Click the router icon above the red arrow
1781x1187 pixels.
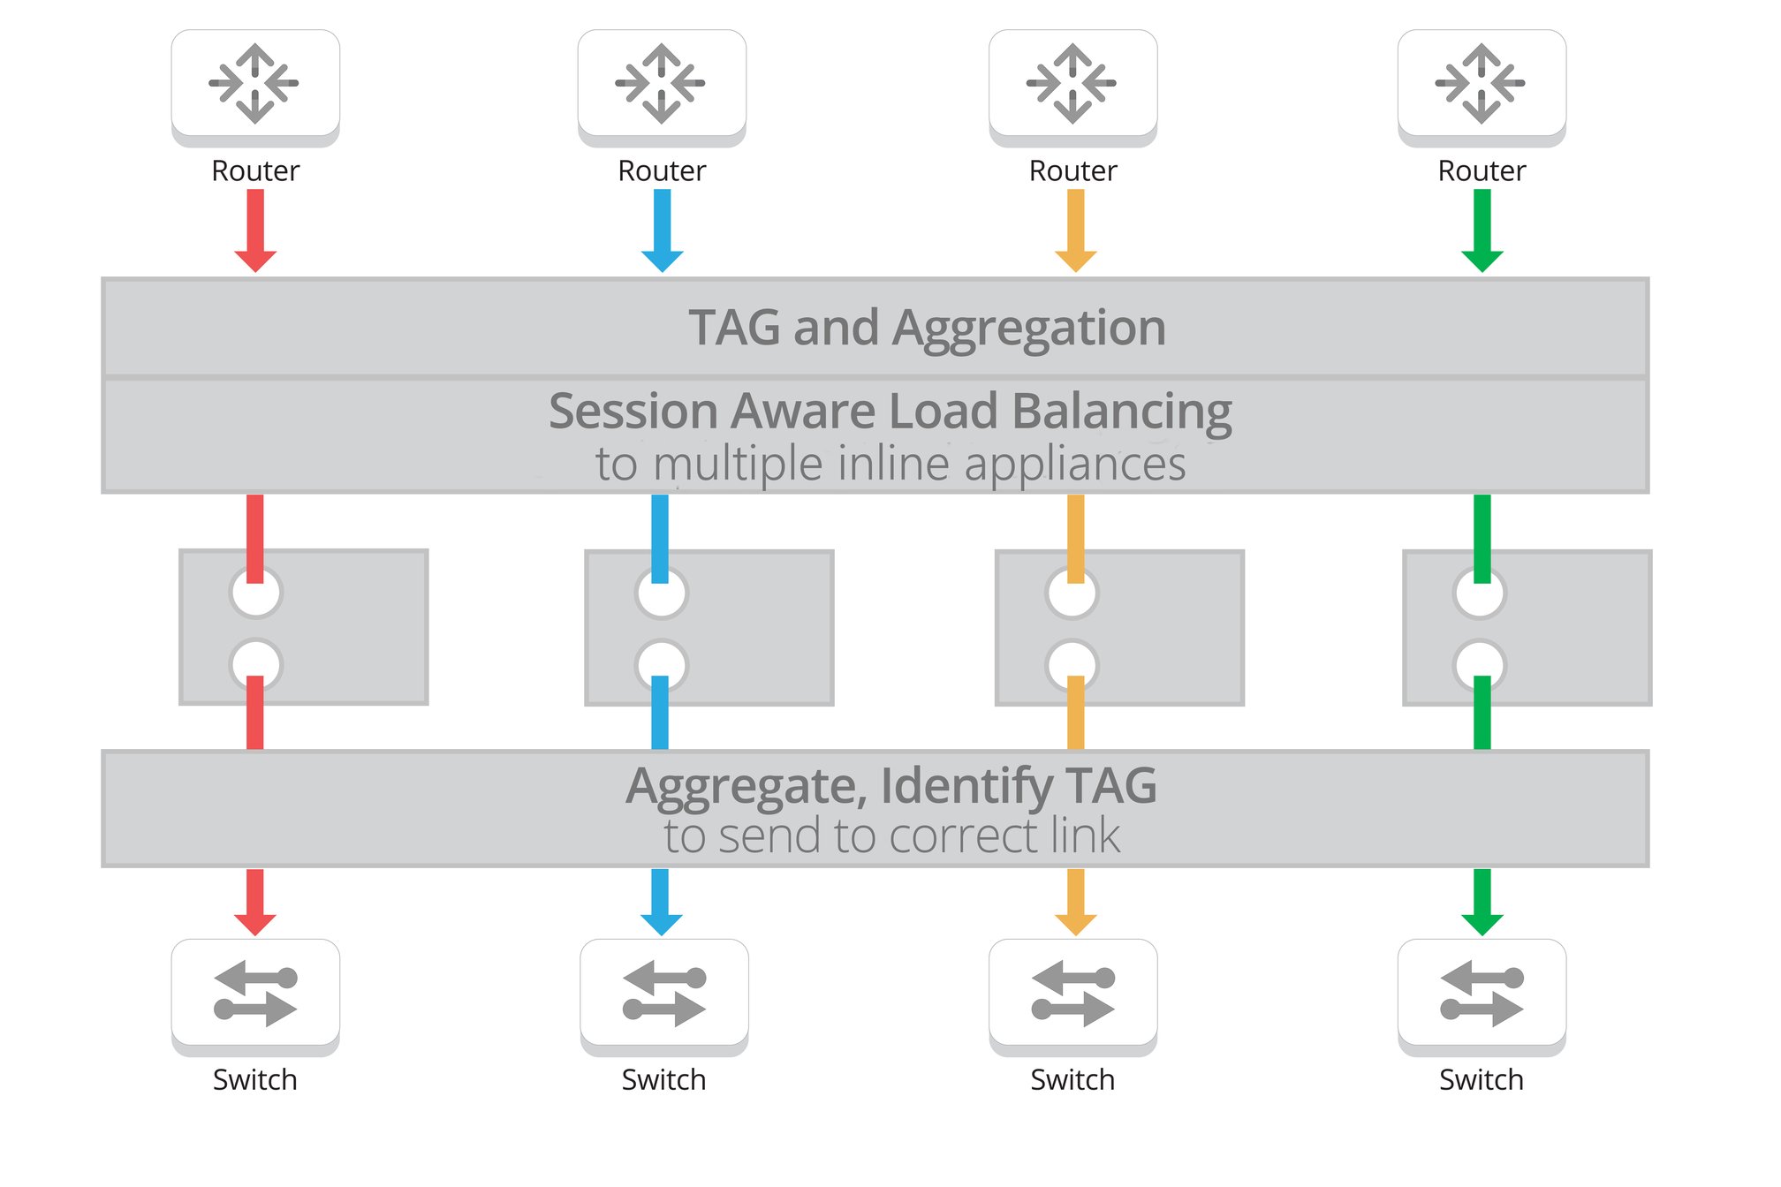coord(254,83)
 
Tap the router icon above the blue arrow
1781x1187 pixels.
coord(661,83)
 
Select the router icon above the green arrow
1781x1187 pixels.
coord(1482,83)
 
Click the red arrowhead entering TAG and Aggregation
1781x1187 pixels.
coord(255,261)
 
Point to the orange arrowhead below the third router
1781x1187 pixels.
coord(1075,261)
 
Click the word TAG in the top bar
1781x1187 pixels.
coord(734,328)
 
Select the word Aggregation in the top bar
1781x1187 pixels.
coord(1029,329)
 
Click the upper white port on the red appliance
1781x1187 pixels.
coord(255,593)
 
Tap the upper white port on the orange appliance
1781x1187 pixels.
coord(1072,593)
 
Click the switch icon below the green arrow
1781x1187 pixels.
coord(1482,993)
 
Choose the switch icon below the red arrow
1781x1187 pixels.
coord(254,993)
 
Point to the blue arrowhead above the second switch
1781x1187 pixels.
coord(661,924)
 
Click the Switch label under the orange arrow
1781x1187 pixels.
coord(1072,1080)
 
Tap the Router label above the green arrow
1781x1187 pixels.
coord(1482,170)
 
